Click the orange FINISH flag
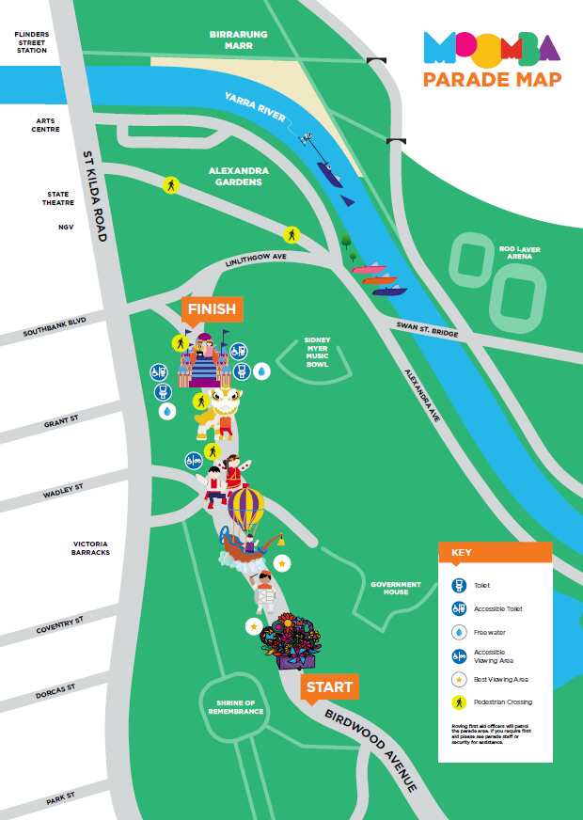coord(212,309)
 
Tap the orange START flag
coord(329,687)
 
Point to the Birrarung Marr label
coord(238,39)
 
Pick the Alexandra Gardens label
coord(238,176)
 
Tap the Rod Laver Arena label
coord(520,252)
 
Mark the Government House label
coord(395,588)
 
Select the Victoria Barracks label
coord(91,548)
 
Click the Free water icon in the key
coord(459,632)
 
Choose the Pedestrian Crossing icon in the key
coord(459,702)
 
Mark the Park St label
coord(61,799)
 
